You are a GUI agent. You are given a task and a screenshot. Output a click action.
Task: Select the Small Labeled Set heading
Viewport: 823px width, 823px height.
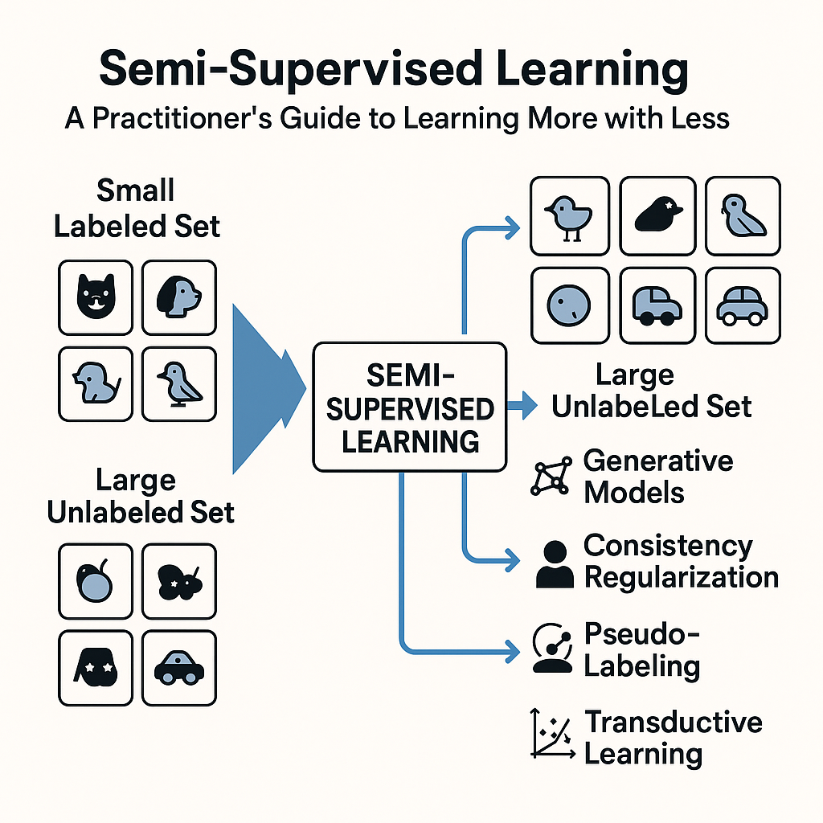[137, 208]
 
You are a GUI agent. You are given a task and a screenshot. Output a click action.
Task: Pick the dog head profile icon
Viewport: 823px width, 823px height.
[178, 297]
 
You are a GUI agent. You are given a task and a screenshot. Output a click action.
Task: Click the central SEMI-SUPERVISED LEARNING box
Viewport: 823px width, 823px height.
[410, 407]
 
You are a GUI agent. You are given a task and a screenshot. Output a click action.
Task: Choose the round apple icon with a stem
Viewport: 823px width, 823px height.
[96, 580]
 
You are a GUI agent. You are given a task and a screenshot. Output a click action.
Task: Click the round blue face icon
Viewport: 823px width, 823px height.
[569, 305]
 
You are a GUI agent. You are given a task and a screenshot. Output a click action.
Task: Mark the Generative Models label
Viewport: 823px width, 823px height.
[657, 476]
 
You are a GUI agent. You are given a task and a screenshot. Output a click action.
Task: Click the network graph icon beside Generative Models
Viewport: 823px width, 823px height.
[552, 477]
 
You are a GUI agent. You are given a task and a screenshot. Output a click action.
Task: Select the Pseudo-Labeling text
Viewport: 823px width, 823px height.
[641, 649]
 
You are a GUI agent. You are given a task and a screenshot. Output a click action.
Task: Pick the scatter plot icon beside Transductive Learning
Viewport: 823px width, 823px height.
[551, 735]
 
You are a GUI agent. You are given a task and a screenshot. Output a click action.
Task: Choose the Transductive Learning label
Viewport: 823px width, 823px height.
[672, 737]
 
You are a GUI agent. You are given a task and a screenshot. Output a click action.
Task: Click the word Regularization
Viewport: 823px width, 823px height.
[681, 577]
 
